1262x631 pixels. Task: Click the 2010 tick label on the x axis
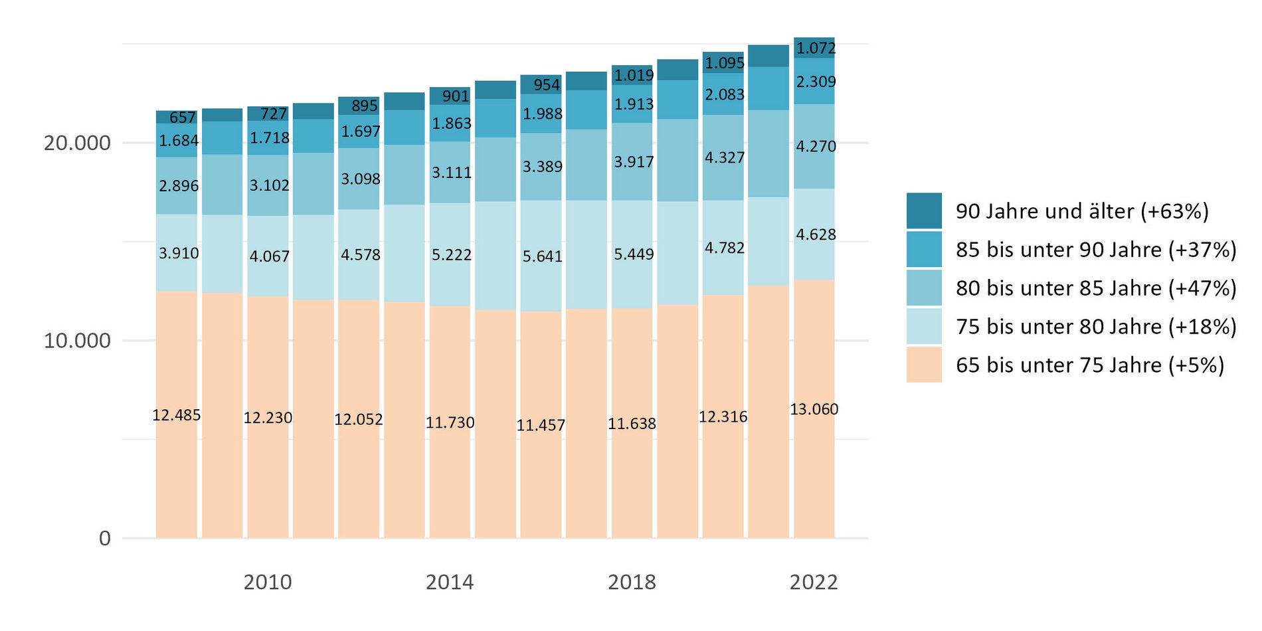(x=268, y=583)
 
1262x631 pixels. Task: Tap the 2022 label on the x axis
(x=814, y=583)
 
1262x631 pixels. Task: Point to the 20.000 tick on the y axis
(x=77, y=143)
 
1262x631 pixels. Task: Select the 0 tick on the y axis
(x=105, y=538)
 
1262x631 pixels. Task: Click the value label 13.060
(x=814, y=409)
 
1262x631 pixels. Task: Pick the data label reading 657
(x=183, y=118)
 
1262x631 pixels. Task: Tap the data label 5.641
(x=542, y=256)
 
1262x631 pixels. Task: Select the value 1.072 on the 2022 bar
(x=816, y=48)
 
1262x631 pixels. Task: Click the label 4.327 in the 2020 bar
(x=725, y=158)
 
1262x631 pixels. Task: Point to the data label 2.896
(x=179, y=186)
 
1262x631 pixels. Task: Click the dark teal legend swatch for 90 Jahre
(x=924, y=211)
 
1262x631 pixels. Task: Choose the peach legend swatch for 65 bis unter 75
(x=924, y=365)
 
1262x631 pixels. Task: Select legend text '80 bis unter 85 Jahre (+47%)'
(x=1096, y=288)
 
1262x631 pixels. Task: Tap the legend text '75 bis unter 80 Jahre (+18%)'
(x=1096, y=327)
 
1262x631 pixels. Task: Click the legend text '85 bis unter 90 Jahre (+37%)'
(x=1096, y=250)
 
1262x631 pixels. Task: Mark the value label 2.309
(x=816, y=82)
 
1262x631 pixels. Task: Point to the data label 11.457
(x=541, y=425)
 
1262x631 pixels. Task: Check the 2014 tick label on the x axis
(x=450, y=583)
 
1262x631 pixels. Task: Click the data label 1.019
(x=634, y=76)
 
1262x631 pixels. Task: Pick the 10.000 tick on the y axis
(x=77, y=341)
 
